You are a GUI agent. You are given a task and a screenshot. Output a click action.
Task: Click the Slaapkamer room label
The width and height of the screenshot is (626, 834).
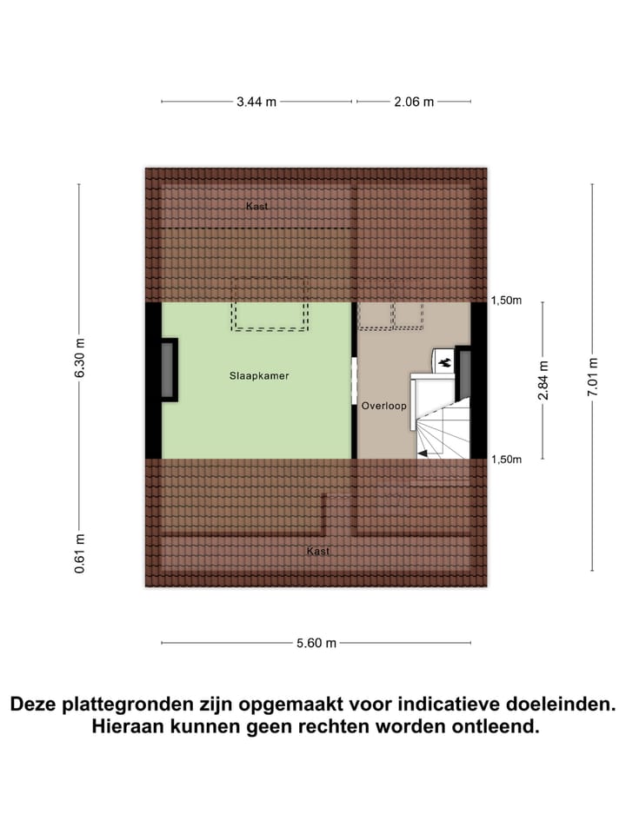click(x=259, y=376)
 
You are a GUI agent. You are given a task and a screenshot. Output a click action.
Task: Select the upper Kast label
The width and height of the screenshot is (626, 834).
click(x=256, y=207)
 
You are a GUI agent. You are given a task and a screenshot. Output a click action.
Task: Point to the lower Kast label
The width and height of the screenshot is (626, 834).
click(x=318, y=551)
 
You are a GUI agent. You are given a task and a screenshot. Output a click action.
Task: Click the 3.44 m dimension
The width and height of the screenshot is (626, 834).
click(x=256, y=102)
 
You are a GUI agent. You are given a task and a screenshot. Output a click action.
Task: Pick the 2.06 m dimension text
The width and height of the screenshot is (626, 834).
click(x=413, y=102)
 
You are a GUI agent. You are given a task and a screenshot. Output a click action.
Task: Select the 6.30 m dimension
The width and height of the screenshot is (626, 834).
click(x=79, y=356)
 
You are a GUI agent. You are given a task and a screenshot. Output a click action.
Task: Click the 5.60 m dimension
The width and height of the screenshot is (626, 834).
click(x=316, y=643)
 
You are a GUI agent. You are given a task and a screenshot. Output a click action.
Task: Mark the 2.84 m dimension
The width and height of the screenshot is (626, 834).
click(x=543, y=381)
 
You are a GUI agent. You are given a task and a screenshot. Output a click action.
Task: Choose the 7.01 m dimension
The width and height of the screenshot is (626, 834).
click(x=592, y=376)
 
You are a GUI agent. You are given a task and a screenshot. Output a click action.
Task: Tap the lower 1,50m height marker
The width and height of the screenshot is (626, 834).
click(x=505, y=460)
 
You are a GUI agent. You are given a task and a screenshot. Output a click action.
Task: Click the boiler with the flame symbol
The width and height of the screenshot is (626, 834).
click(x=443, y=361)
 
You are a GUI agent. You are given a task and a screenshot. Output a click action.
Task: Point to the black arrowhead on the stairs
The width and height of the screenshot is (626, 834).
click(x=422, y=453)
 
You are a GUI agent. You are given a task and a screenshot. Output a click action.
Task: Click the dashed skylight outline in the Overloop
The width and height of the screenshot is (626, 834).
click(x=391, y=316)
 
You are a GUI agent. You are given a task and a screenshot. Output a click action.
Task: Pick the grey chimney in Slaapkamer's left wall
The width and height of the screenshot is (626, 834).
click(x=167, y=369)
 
